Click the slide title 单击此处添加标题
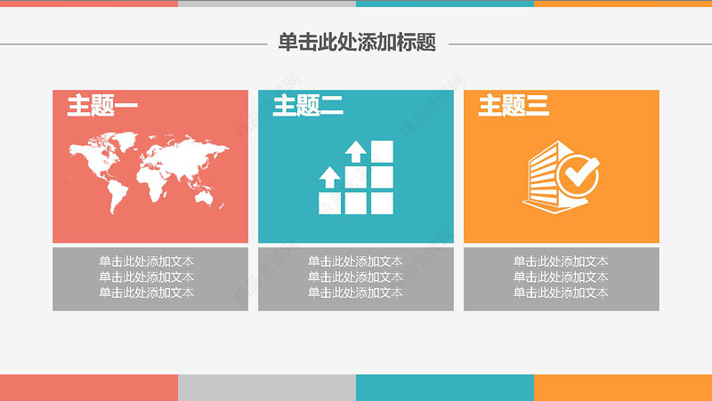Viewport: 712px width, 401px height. [356, 42]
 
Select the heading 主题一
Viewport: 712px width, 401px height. [102, 107]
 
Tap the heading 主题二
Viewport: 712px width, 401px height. [308, 107]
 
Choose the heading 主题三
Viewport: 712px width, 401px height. [514, 107]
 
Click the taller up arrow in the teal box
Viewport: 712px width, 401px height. [356, 151]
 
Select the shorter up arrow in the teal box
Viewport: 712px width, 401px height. [330, 176]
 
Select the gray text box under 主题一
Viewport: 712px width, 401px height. [150, 278]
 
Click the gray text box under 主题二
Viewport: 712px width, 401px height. [356, 278]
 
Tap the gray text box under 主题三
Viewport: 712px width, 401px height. [562, 278]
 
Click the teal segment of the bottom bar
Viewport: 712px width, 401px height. [445, 388]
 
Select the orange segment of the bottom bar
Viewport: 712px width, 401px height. [623, 388]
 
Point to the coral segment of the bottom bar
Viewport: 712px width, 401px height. [89, 388]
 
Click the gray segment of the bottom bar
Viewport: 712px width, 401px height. [267, 388]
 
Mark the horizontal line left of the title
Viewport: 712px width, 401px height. [133, 43]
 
